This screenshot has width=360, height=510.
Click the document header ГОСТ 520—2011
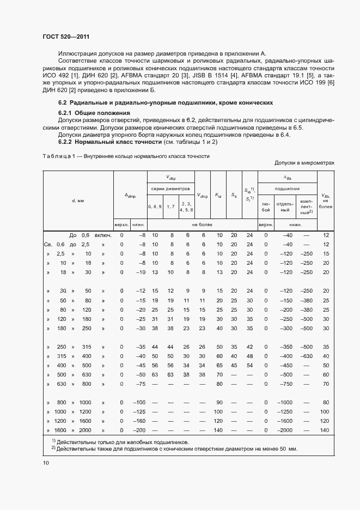click(x=66, y=37)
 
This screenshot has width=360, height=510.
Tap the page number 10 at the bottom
click(x=46, y=463)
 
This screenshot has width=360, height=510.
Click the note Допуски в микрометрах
click(x=304, y=163)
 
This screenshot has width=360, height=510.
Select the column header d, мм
click(x=78, y=201)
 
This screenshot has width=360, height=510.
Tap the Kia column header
click(x=219, y=195)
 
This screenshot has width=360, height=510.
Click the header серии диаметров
click(x=171, y=188)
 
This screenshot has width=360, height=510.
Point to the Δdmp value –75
click(x=141, y=384)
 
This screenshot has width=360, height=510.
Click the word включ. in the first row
click(x=103, y=235)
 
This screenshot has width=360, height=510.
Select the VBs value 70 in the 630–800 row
click(x=326, y=384)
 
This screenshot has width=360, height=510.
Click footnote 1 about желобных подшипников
click(x=120, y=442)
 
